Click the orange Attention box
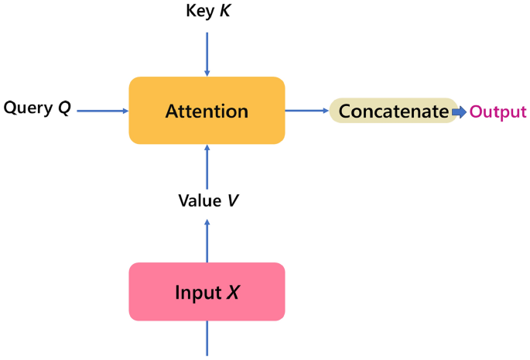coord(207,111)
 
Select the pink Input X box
coord(207,292)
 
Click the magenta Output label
coord(498,111)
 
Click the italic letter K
coord(225,12)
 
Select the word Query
coord(28,108)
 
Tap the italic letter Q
coord(64,108)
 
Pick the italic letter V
coord(232,201)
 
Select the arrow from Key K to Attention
coord(207,50)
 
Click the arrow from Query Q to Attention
coord(103,111)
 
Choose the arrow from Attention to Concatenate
coord(307,111)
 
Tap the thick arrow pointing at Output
coord(460,111)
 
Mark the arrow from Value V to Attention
coord(207,166)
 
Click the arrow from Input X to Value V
coord(207,240)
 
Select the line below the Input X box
coord(207,338)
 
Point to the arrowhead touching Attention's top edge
coord(207,73)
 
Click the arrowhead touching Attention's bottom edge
coord(207,149)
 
